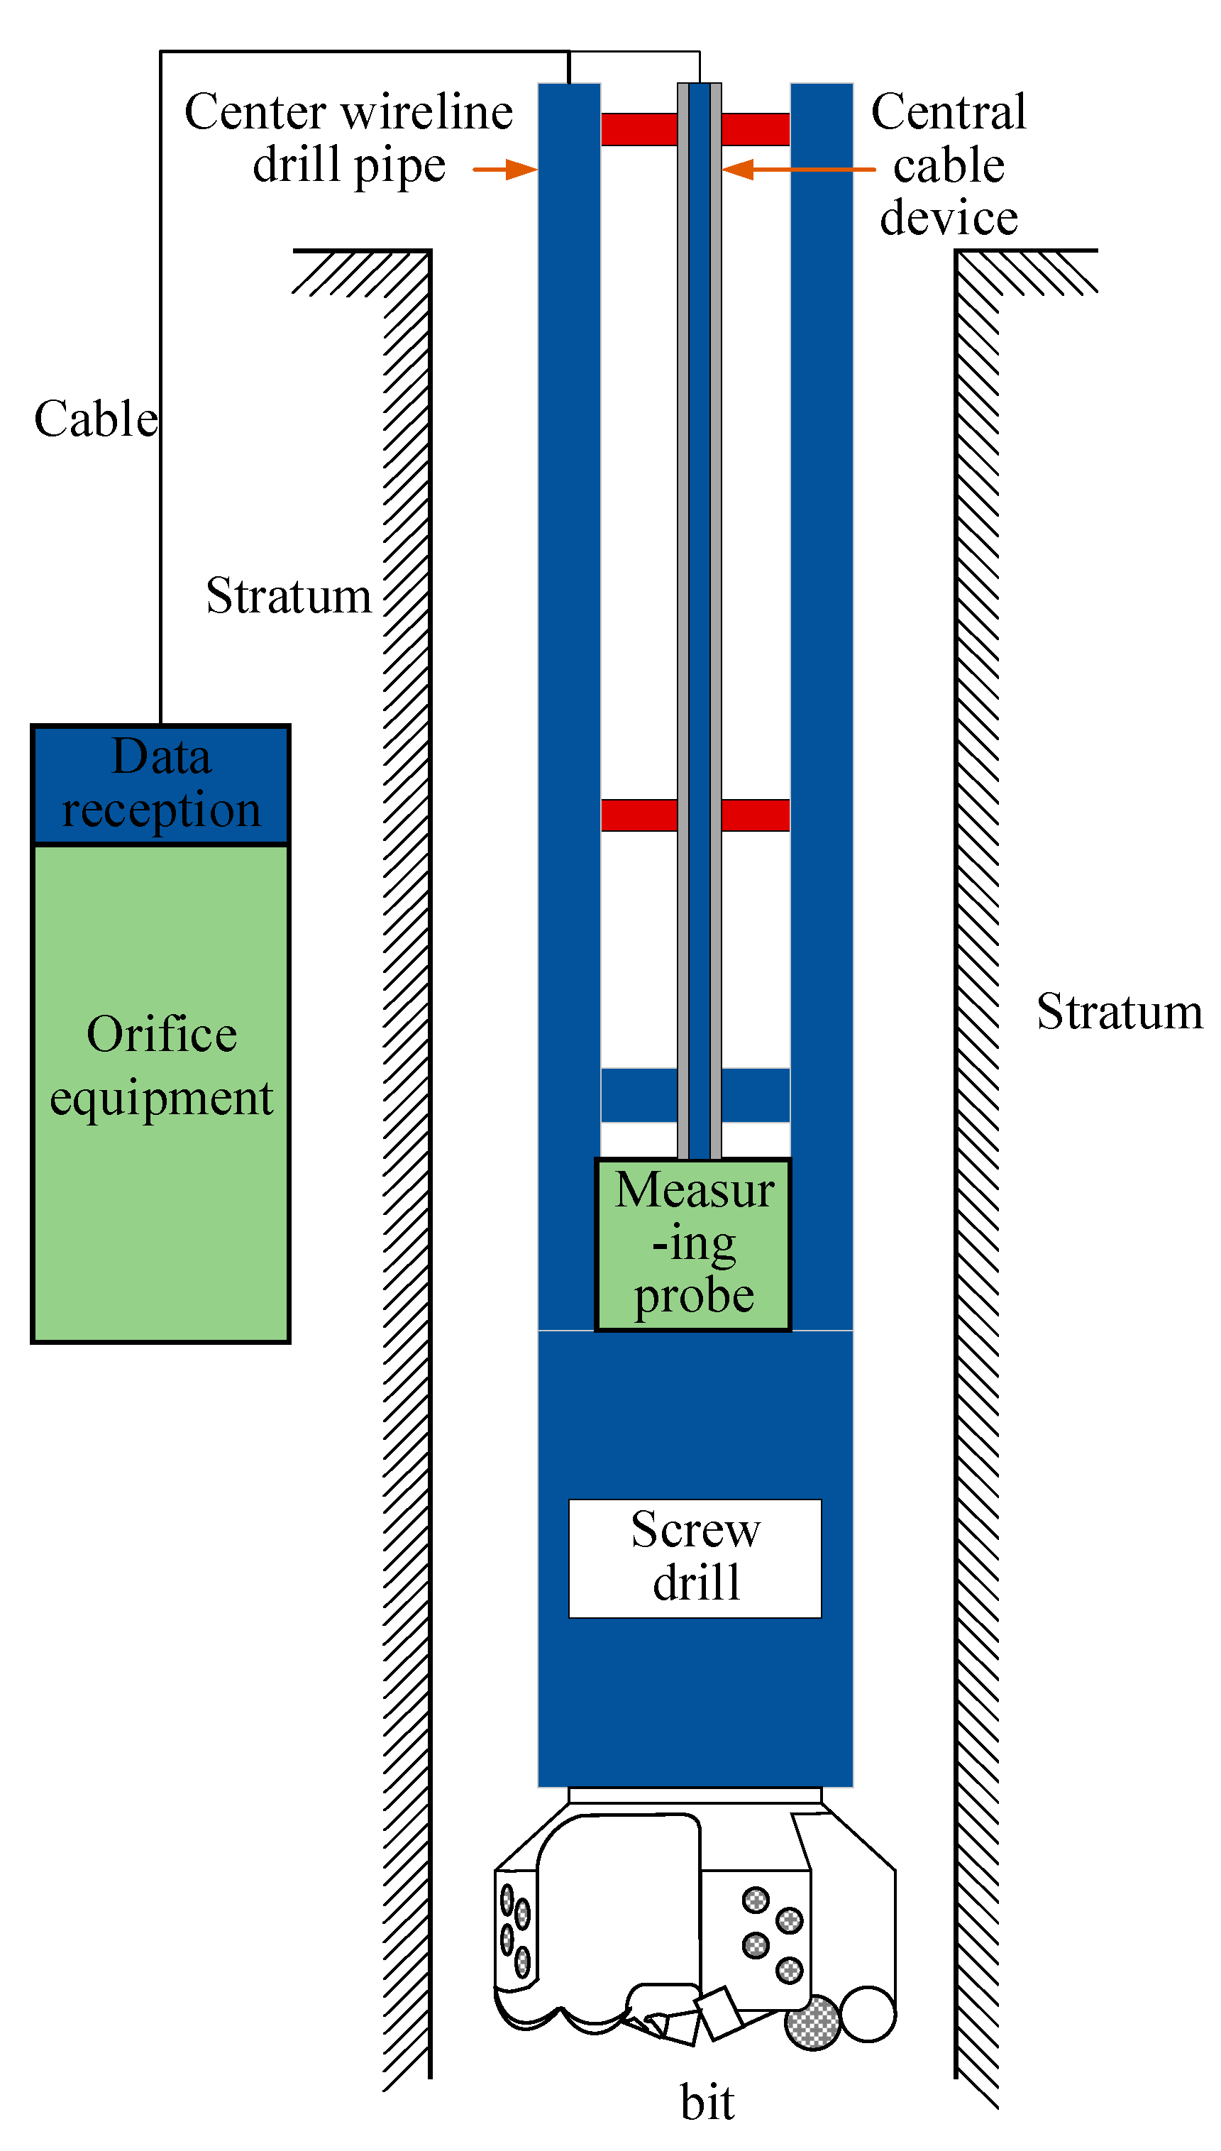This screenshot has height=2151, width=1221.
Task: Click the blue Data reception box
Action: (160, 784)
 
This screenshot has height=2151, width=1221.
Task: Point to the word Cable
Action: (96, 419)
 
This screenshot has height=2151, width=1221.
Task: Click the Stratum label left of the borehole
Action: (289, 596)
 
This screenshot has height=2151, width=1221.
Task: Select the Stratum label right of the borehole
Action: (1119, 1011)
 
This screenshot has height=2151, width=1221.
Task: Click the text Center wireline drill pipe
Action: (349, 138)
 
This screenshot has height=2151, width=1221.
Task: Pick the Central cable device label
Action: (949, 165)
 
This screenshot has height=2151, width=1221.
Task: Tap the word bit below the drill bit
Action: (707, 2101)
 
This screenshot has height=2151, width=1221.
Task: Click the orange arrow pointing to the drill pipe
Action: (504, 170)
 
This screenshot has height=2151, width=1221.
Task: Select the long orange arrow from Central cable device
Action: (798, 170)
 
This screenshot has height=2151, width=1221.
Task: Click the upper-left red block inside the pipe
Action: (639, 129)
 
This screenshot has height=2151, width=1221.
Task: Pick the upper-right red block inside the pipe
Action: (755, 129)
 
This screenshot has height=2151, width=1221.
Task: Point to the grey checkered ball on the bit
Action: (812, 2023)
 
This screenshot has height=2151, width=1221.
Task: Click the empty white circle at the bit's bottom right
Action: (868, 2013)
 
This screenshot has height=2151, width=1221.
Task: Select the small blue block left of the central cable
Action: (639, 1094)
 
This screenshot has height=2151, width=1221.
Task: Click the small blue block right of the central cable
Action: (755, 1094)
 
